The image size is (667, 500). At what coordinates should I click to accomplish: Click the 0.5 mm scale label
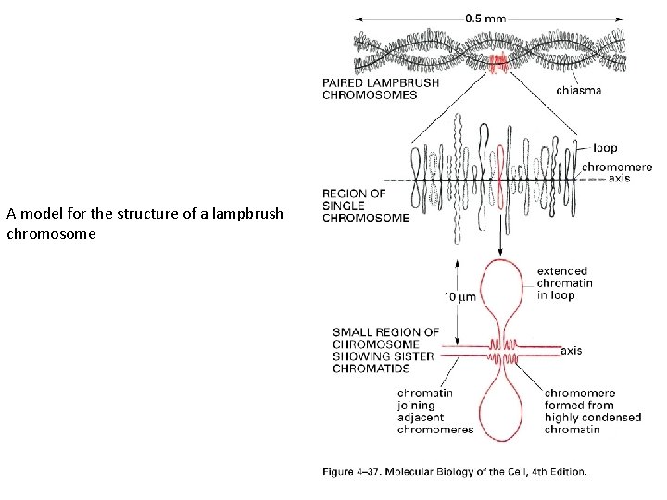486,17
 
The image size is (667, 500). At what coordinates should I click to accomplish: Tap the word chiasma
578,90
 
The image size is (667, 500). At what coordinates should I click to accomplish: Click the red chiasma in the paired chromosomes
498,62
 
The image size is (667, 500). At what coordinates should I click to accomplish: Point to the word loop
604,148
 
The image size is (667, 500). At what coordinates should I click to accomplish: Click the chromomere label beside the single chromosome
610,168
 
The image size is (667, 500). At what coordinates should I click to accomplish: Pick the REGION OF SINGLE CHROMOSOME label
365,206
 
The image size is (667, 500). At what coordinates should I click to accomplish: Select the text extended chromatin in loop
562,283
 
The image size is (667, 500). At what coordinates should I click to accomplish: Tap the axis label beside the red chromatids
572,351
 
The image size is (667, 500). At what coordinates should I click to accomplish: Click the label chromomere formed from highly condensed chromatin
591,411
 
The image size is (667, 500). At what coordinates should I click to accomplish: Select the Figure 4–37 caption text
454,472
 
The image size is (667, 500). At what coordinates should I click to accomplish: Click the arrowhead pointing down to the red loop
500,252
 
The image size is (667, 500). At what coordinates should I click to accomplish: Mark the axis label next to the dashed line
620,179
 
